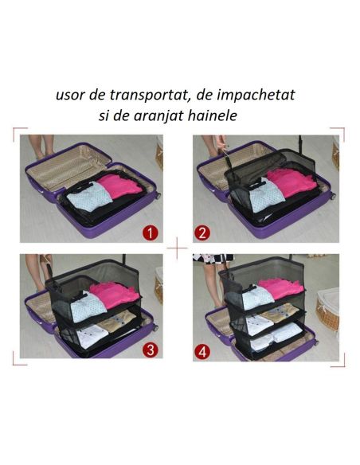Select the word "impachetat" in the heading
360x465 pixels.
[254, 94]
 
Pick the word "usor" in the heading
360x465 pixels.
[70, 95]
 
